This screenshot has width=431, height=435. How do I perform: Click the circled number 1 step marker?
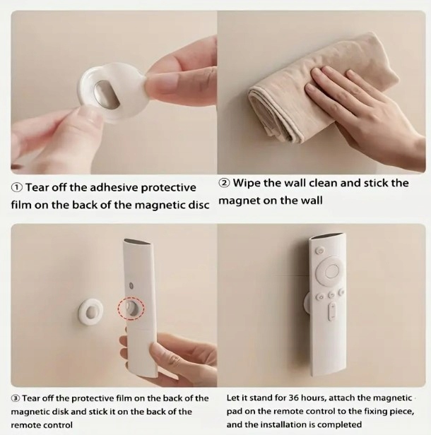(17, 188)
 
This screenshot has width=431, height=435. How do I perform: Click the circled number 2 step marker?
(224, 183)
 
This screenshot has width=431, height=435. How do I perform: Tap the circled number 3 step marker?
(16, 399)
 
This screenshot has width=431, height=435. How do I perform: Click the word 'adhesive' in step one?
(114, 188)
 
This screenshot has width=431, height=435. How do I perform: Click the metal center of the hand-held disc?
(105, 95)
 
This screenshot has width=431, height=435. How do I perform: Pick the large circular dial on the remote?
(331, 270)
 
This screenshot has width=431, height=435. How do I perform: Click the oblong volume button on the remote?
(331, 311)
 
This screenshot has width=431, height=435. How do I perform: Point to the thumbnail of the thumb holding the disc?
(89, 116)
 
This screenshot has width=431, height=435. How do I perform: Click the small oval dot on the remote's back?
(131, 285)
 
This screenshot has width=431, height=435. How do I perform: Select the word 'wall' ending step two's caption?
(311, 201)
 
